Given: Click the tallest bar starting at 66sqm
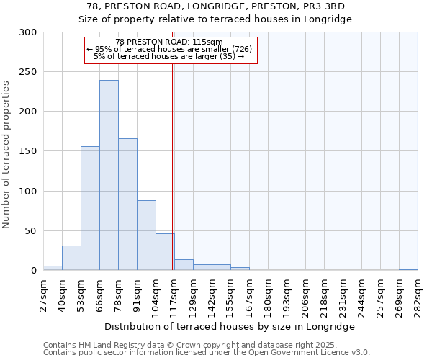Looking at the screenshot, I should point(109,175).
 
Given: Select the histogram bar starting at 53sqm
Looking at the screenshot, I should point(90,208).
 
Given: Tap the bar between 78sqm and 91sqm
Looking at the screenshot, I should point(127,204).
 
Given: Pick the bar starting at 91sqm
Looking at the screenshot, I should point(146,235).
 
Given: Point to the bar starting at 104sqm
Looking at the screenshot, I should point(165,252).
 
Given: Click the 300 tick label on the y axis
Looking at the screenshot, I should point(28,32).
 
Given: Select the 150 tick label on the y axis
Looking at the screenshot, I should point(28,151).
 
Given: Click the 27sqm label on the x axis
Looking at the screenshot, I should point(44,294).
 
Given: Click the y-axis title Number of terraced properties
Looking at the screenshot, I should point(7,155).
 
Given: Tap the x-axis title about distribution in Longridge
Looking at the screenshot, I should point(230,326).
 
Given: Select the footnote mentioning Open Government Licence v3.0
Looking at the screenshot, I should point(207,353).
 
